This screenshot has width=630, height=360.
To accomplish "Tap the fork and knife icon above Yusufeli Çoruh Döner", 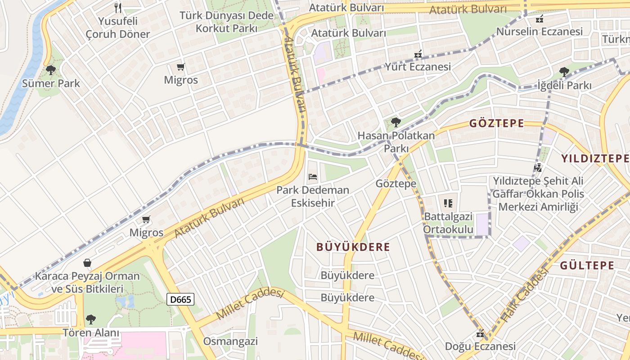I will pos(118,8).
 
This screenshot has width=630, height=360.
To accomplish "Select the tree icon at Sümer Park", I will pos(51,70).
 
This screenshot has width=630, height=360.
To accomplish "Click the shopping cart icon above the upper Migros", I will pos(181,67).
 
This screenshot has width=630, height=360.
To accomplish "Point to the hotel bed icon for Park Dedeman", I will pos(313,176).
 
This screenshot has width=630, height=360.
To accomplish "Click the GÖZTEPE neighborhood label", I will pos(497,123).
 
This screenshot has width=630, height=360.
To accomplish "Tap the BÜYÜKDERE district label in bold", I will pos(353,247).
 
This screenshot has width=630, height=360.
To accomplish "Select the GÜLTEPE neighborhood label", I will pos(587,265).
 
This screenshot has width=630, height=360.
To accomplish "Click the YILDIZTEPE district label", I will pos(595,158).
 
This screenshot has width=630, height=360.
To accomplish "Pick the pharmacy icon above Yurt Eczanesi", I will pos(418,54).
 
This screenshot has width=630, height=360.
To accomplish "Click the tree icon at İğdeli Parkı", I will pos(564,72).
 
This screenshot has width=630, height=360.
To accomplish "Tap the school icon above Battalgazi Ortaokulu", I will pos(448,203).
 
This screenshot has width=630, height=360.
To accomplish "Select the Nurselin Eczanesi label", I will pos(539,31).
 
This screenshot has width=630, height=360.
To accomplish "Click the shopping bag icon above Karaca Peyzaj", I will pos(87,263).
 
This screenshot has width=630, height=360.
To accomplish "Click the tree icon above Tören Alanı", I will pos(91,319).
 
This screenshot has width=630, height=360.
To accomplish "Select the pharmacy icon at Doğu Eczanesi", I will pos(480,334).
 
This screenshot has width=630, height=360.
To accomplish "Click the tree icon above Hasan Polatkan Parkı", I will pos(396,122).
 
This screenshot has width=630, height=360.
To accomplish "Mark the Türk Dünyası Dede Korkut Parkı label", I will pos(226,22).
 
